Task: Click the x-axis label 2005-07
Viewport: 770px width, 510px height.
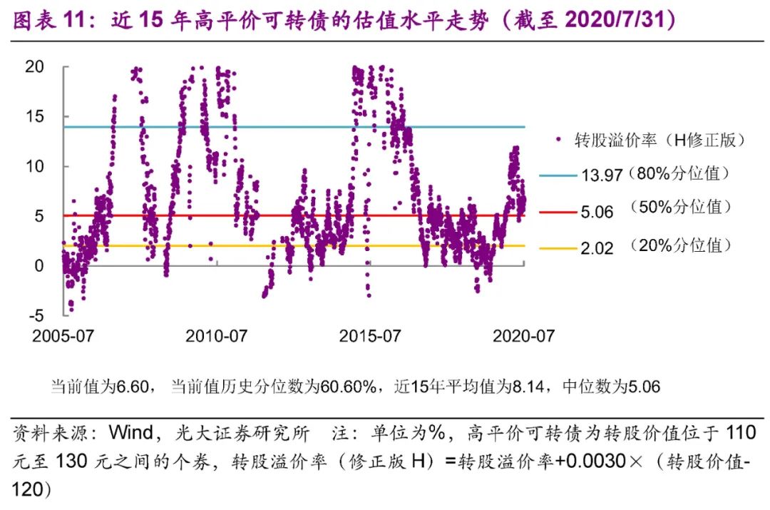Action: [x=63, y=336]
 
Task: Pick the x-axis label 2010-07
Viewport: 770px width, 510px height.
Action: [x=216, y=336]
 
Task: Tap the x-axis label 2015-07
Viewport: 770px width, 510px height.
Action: [x=370, y=336]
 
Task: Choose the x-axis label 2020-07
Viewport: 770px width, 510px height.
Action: [x=523, y=336]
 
